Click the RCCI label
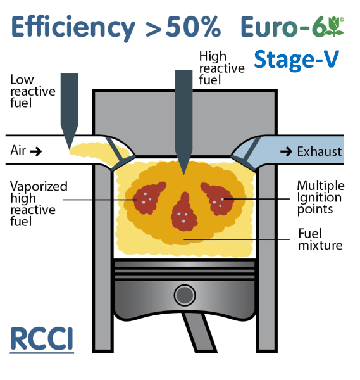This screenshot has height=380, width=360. [x=42, y=338]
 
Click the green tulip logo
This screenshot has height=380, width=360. [x=334, y=27]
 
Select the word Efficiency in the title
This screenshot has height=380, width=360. [x=73, y=28]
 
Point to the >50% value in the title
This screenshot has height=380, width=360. [x=183, y=27]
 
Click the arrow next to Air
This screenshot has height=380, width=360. [x=35, y=152]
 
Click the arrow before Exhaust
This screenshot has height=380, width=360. [x=286, y=152]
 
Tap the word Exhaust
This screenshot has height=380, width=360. [x=320, y=152]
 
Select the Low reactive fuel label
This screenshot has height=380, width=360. [x=33, y=91]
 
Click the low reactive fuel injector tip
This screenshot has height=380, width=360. [x=69, y=148]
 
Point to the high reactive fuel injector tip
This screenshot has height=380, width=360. [x=183, y=174]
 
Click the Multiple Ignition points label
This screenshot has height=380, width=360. [x=321, y=198]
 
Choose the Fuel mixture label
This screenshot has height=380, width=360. [x=320, y=239]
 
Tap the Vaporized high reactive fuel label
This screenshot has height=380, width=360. [x=39, y=203]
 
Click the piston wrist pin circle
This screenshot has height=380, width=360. [x=185, y=295]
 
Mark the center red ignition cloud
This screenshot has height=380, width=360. [x=184, y=212]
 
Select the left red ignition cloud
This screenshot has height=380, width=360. [x=148, y=198]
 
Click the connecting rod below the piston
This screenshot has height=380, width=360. [x=199, y=332]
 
